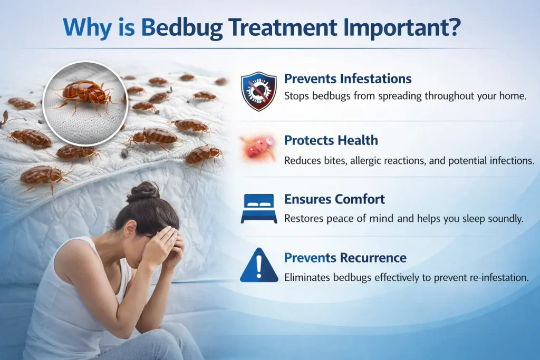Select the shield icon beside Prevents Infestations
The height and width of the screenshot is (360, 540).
click(258, 91)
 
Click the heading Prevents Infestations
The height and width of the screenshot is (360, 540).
click(348, 79)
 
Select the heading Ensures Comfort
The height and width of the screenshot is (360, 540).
click(334, 199)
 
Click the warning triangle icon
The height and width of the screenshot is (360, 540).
click(258, 266)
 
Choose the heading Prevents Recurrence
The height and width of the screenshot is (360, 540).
click(345, 258)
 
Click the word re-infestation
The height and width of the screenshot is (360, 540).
click(497, 277)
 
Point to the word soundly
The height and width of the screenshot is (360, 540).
click(506, 218)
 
